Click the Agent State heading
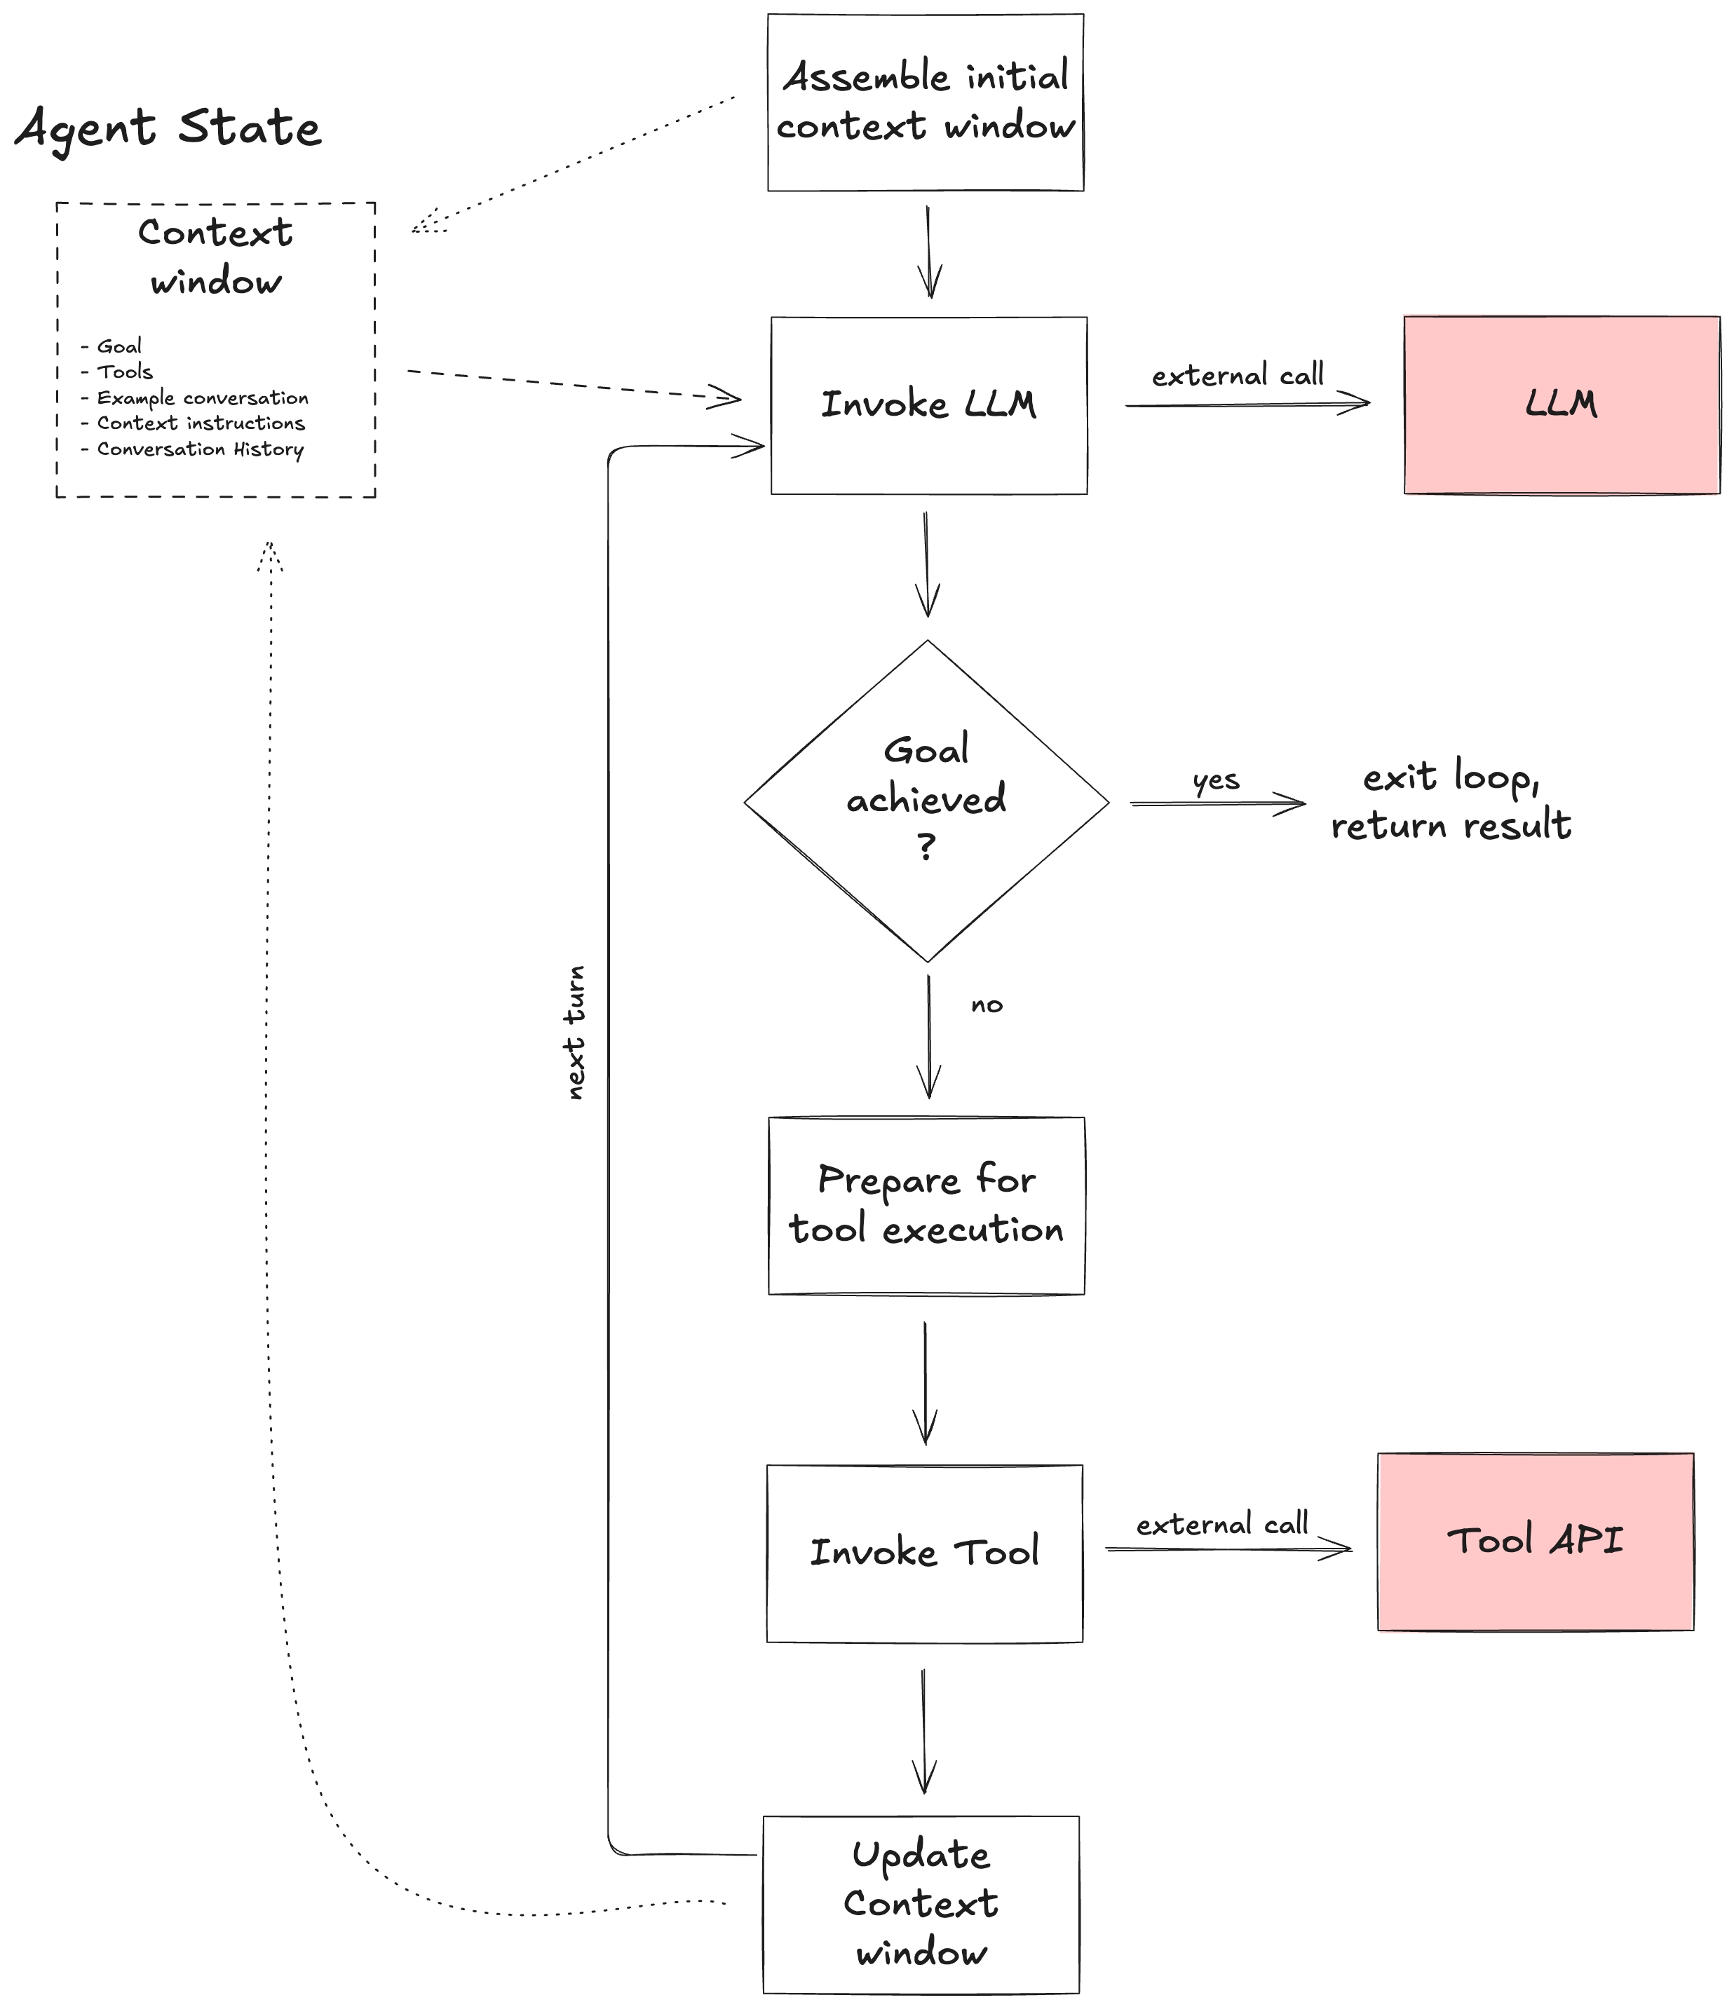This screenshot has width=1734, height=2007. pyautogui.click(x=168, y=128)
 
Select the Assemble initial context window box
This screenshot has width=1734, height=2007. pyautogui.click(x=925, y=102)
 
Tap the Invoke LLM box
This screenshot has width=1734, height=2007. pyautogui.click(x=928, y=405)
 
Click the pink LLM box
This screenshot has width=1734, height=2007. pyautogui.click(x=1561, y=405)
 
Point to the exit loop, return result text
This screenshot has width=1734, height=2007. pyautogui.click(x=1450, y=802)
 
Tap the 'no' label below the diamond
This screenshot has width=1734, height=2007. pyautogui.click(x=986, y=1005)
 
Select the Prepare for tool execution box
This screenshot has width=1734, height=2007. pyautogui.click(x=926, y=1205)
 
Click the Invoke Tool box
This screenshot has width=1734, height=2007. pyautogui.click(x=924, y=1553)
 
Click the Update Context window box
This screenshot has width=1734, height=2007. pyautogui.click(x=920, y=1905)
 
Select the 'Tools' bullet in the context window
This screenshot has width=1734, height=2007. pyautogui.click(x=124, y=372)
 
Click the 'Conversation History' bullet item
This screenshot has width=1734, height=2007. pyautogui.click(x=200, y=449)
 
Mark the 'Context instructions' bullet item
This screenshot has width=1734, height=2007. pyautogui.click(x=201, y=423)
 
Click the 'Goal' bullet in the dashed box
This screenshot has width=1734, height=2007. pyautogui.click(x=118, y=347)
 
